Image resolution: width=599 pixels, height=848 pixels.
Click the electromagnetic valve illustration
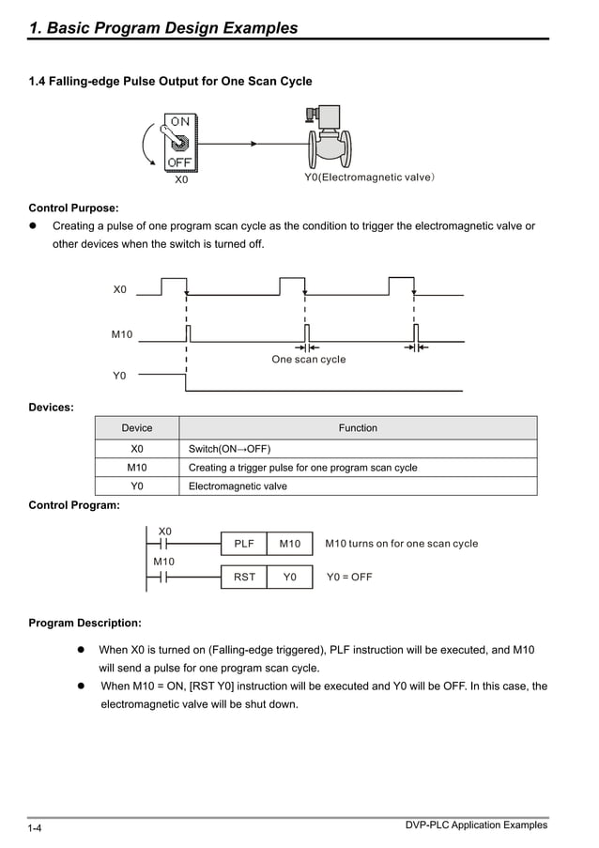[329, 142]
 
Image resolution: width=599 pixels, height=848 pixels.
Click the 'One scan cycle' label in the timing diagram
[308, 360]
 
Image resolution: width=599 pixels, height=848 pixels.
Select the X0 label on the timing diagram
[119, 290]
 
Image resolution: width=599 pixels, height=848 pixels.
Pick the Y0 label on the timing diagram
[119, 376]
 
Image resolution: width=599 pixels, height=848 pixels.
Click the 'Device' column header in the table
[137, 428]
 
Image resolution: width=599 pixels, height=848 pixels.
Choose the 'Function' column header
[358, 428]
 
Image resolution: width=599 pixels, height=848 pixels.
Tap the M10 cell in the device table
[137, 467]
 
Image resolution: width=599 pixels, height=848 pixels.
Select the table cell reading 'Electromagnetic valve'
[238, 486]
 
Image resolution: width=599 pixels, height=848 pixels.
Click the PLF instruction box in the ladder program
[244, 544]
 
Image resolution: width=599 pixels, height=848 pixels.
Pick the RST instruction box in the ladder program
[244, 578]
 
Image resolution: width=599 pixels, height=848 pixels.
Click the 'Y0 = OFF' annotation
[348, 578]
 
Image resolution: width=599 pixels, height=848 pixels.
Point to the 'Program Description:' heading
[85, 623]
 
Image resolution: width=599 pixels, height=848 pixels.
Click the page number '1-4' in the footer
[36, 828]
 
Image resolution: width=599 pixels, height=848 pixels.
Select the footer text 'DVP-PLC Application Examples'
[476, 825]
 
